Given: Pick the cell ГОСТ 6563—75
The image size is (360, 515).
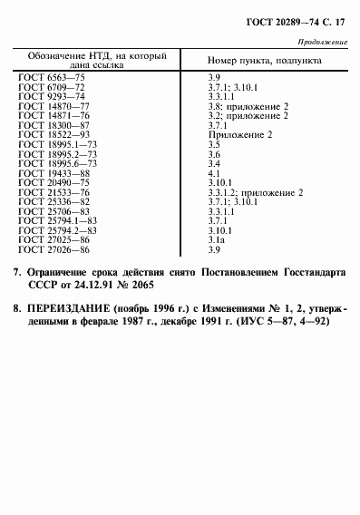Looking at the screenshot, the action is (52, 79).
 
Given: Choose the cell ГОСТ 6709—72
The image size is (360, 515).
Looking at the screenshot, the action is (52, 87).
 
